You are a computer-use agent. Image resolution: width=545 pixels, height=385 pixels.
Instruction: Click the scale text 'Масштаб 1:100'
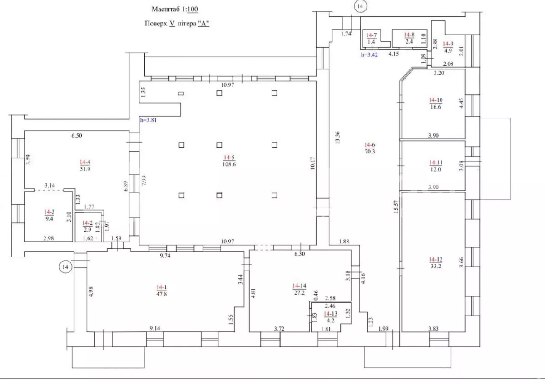point(175,9)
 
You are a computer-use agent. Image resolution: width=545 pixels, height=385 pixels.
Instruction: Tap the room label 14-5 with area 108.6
point(229,161)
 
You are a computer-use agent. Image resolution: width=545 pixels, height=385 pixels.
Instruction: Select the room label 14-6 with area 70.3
point(370,148)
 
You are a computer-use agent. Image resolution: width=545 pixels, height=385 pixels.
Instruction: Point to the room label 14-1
point(162,291)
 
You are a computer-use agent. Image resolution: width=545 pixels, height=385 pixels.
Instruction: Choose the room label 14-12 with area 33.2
point(436,263)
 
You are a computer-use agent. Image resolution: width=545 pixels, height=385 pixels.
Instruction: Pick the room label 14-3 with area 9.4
point(49,215)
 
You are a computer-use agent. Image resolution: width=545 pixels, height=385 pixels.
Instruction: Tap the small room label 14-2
point(87,226)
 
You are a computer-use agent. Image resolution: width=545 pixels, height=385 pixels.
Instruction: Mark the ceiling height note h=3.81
point(148,120)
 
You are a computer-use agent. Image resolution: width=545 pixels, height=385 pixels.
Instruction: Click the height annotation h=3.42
point(369,55)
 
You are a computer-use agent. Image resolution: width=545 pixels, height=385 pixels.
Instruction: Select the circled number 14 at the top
point(360,6)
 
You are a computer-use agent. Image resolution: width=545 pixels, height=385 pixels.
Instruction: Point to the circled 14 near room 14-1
point(65,267)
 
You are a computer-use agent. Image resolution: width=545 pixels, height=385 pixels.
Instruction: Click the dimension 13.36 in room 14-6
point(337,138)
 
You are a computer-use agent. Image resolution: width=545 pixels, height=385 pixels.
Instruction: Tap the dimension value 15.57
point(396,207)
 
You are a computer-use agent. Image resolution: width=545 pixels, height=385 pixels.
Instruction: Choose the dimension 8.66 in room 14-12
point(461,262)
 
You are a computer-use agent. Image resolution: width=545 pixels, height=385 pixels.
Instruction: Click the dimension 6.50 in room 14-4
point(77,135)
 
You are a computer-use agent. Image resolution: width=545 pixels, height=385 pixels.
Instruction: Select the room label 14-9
point(448,47)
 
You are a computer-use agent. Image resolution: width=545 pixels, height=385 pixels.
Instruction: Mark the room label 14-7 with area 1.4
point(372,39)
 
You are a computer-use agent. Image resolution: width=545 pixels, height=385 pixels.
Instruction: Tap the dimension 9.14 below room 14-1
point(155,328)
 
